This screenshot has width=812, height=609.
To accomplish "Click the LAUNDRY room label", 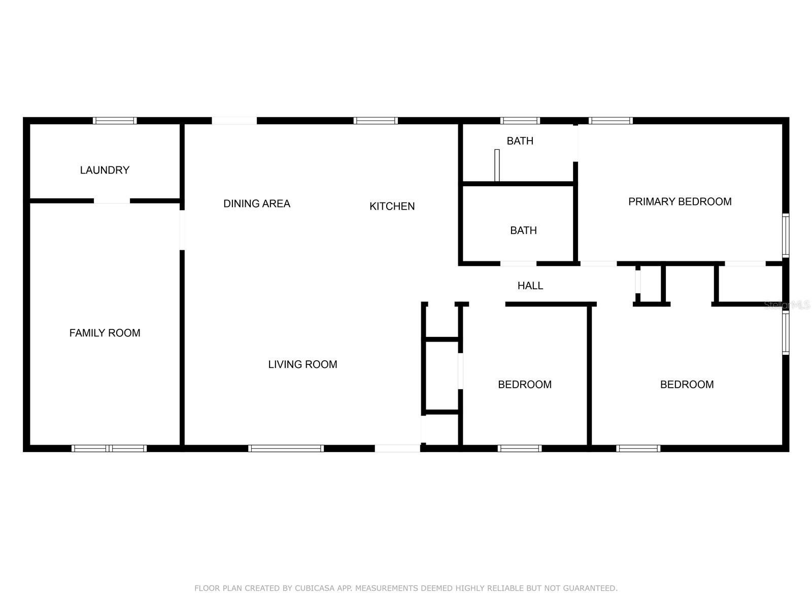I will point(105,170).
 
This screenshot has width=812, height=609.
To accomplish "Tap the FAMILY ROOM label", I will point(105,333).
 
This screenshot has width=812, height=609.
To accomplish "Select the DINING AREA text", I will point(257,204).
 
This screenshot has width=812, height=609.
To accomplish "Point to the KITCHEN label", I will point(392,206).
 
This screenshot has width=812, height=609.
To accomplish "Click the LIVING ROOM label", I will point(302,364).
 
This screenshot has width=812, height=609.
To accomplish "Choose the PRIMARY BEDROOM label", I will point(680,201).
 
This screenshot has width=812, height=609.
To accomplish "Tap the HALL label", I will point(530,286).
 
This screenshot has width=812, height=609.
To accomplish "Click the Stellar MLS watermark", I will point(787,305).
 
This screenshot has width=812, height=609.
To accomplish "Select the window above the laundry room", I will point(115,121).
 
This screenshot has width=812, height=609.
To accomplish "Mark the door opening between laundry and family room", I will point(112,201).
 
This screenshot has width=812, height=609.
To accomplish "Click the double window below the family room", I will point(109,448).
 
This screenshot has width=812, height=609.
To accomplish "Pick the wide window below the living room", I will point(286,448).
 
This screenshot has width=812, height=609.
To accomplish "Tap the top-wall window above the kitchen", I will point(376,121).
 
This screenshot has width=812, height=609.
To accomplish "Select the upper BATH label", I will point(520,141).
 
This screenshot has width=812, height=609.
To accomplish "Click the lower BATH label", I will point(523,230).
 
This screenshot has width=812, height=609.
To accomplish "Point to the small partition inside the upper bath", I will point(497,165).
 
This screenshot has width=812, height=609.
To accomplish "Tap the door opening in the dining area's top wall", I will point(234,121).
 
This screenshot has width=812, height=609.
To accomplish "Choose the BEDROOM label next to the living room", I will point(524,385).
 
